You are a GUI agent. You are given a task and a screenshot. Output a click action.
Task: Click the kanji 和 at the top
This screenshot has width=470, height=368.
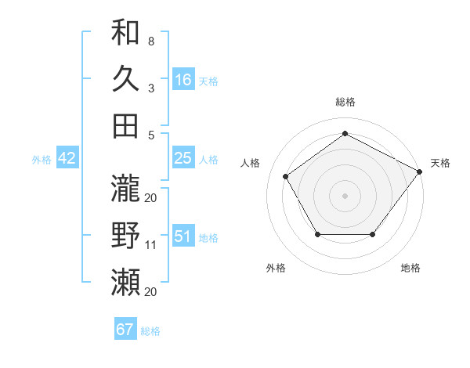tap(126, 33)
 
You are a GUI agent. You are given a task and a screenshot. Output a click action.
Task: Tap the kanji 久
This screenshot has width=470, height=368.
tap(126, 79)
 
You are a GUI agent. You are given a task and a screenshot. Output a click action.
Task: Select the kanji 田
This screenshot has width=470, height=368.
tap(126, 125)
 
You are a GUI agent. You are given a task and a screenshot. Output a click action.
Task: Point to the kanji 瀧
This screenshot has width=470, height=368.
tap(126, 188)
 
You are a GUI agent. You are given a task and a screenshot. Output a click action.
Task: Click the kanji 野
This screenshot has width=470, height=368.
tap(126, 235)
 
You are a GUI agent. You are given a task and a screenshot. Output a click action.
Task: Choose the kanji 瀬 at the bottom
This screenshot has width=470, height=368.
tap(126, 280)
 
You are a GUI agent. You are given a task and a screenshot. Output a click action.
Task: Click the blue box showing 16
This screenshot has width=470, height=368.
tap(183, 79)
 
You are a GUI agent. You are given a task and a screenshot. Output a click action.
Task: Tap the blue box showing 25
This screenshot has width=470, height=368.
tap(183, 158)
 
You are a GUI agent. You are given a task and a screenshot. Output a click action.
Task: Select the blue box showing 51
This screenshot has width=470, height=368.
tap(183, 236)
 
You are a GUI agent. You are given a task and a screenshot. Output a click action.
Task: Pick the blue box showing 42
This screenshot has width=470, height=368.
tap(67, 158)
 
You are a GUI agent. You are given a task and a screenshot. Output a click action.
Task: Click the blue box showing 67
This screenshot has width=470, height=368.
tap(125, 330)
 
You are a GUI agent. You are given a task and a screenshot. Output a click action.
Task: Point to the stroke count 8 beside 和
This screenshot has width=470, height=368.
tap(150, 41)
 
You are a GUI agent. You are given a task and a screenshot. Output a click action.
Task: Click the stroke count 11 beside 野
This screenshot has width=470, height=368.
tap(151, 244)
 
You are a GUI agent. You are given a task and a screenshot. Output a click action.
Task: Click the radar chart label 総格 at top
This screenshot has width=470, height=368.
tap(345, 102)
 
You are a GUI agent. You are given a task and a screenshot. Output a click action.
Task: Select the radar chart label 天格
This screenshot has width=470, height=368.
tap(440, 163)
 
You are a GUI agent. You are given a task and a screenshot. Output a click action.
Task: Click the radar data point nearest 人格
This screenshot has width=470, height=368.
tap(286, 176)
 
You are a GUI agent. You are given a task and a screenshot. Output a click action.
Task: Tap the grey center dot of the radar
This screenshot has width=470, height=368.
tap(345, 195)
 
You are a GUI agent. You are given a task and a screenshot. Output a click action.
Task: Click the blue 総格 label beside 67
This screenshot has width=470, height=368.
tap(150, 331)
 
